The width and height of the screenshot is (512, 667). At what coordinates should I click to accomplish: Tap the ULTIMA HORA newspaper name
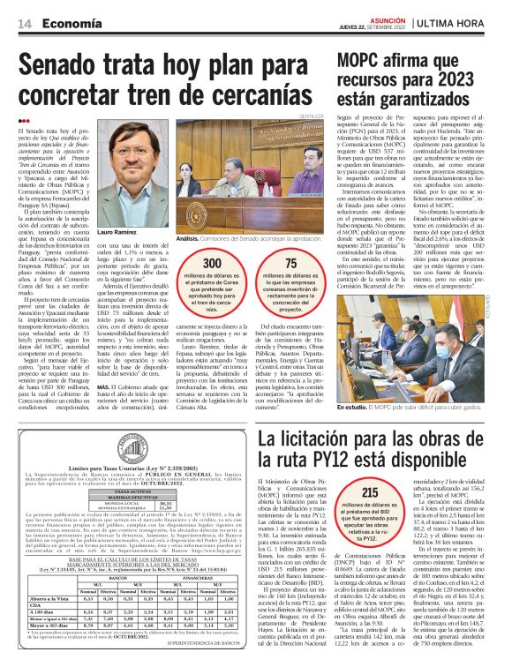click(x=459, y=24)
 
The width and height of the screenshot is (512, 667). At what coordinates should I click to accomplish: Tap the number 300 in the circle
click(x=214, y=264)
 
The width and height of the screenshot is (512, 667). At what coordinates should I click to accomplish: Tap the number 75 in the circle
click(x=290, y=264)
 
